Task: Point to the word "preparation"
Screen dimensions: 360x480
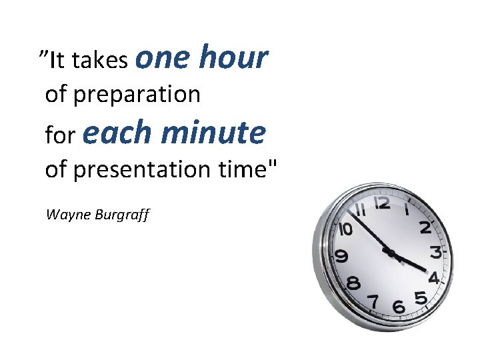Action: [137, 95]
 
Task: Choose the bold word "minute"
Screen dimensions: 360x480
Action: [213, 132]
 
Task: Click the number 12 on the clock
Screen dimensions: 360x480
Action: [382, 203]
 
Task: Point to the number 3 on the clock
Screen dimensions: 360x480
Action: [435, 253]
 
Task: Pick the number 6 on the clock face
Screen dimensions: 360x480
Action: [399, 307]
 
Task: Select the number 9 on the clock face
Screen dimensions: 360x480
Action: [341, 256]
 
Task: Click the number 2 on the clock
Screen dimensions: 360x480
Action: [425, 227]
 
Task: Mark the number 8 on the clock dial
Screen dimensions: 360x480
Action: [353, 283]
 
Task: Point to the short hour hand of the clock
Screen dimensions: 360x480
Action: [410, 262]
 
